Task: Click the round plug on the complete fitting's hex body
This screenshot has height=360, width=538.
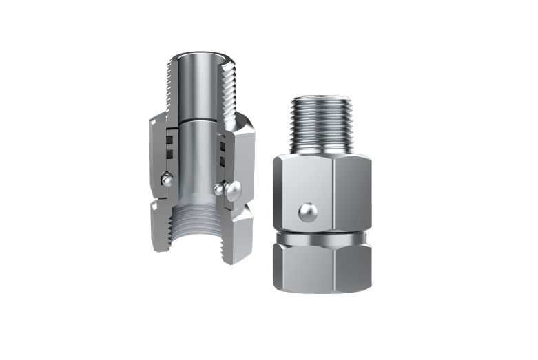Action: (308, 212)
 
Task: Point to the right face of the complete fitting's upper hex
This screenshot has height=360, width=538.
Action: (352, 193)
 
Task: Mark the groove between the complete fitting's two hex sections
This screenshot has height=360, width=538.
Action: (322, 236)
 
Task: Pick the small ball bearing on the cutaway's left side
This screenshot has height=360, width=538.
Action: (167, 179)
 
